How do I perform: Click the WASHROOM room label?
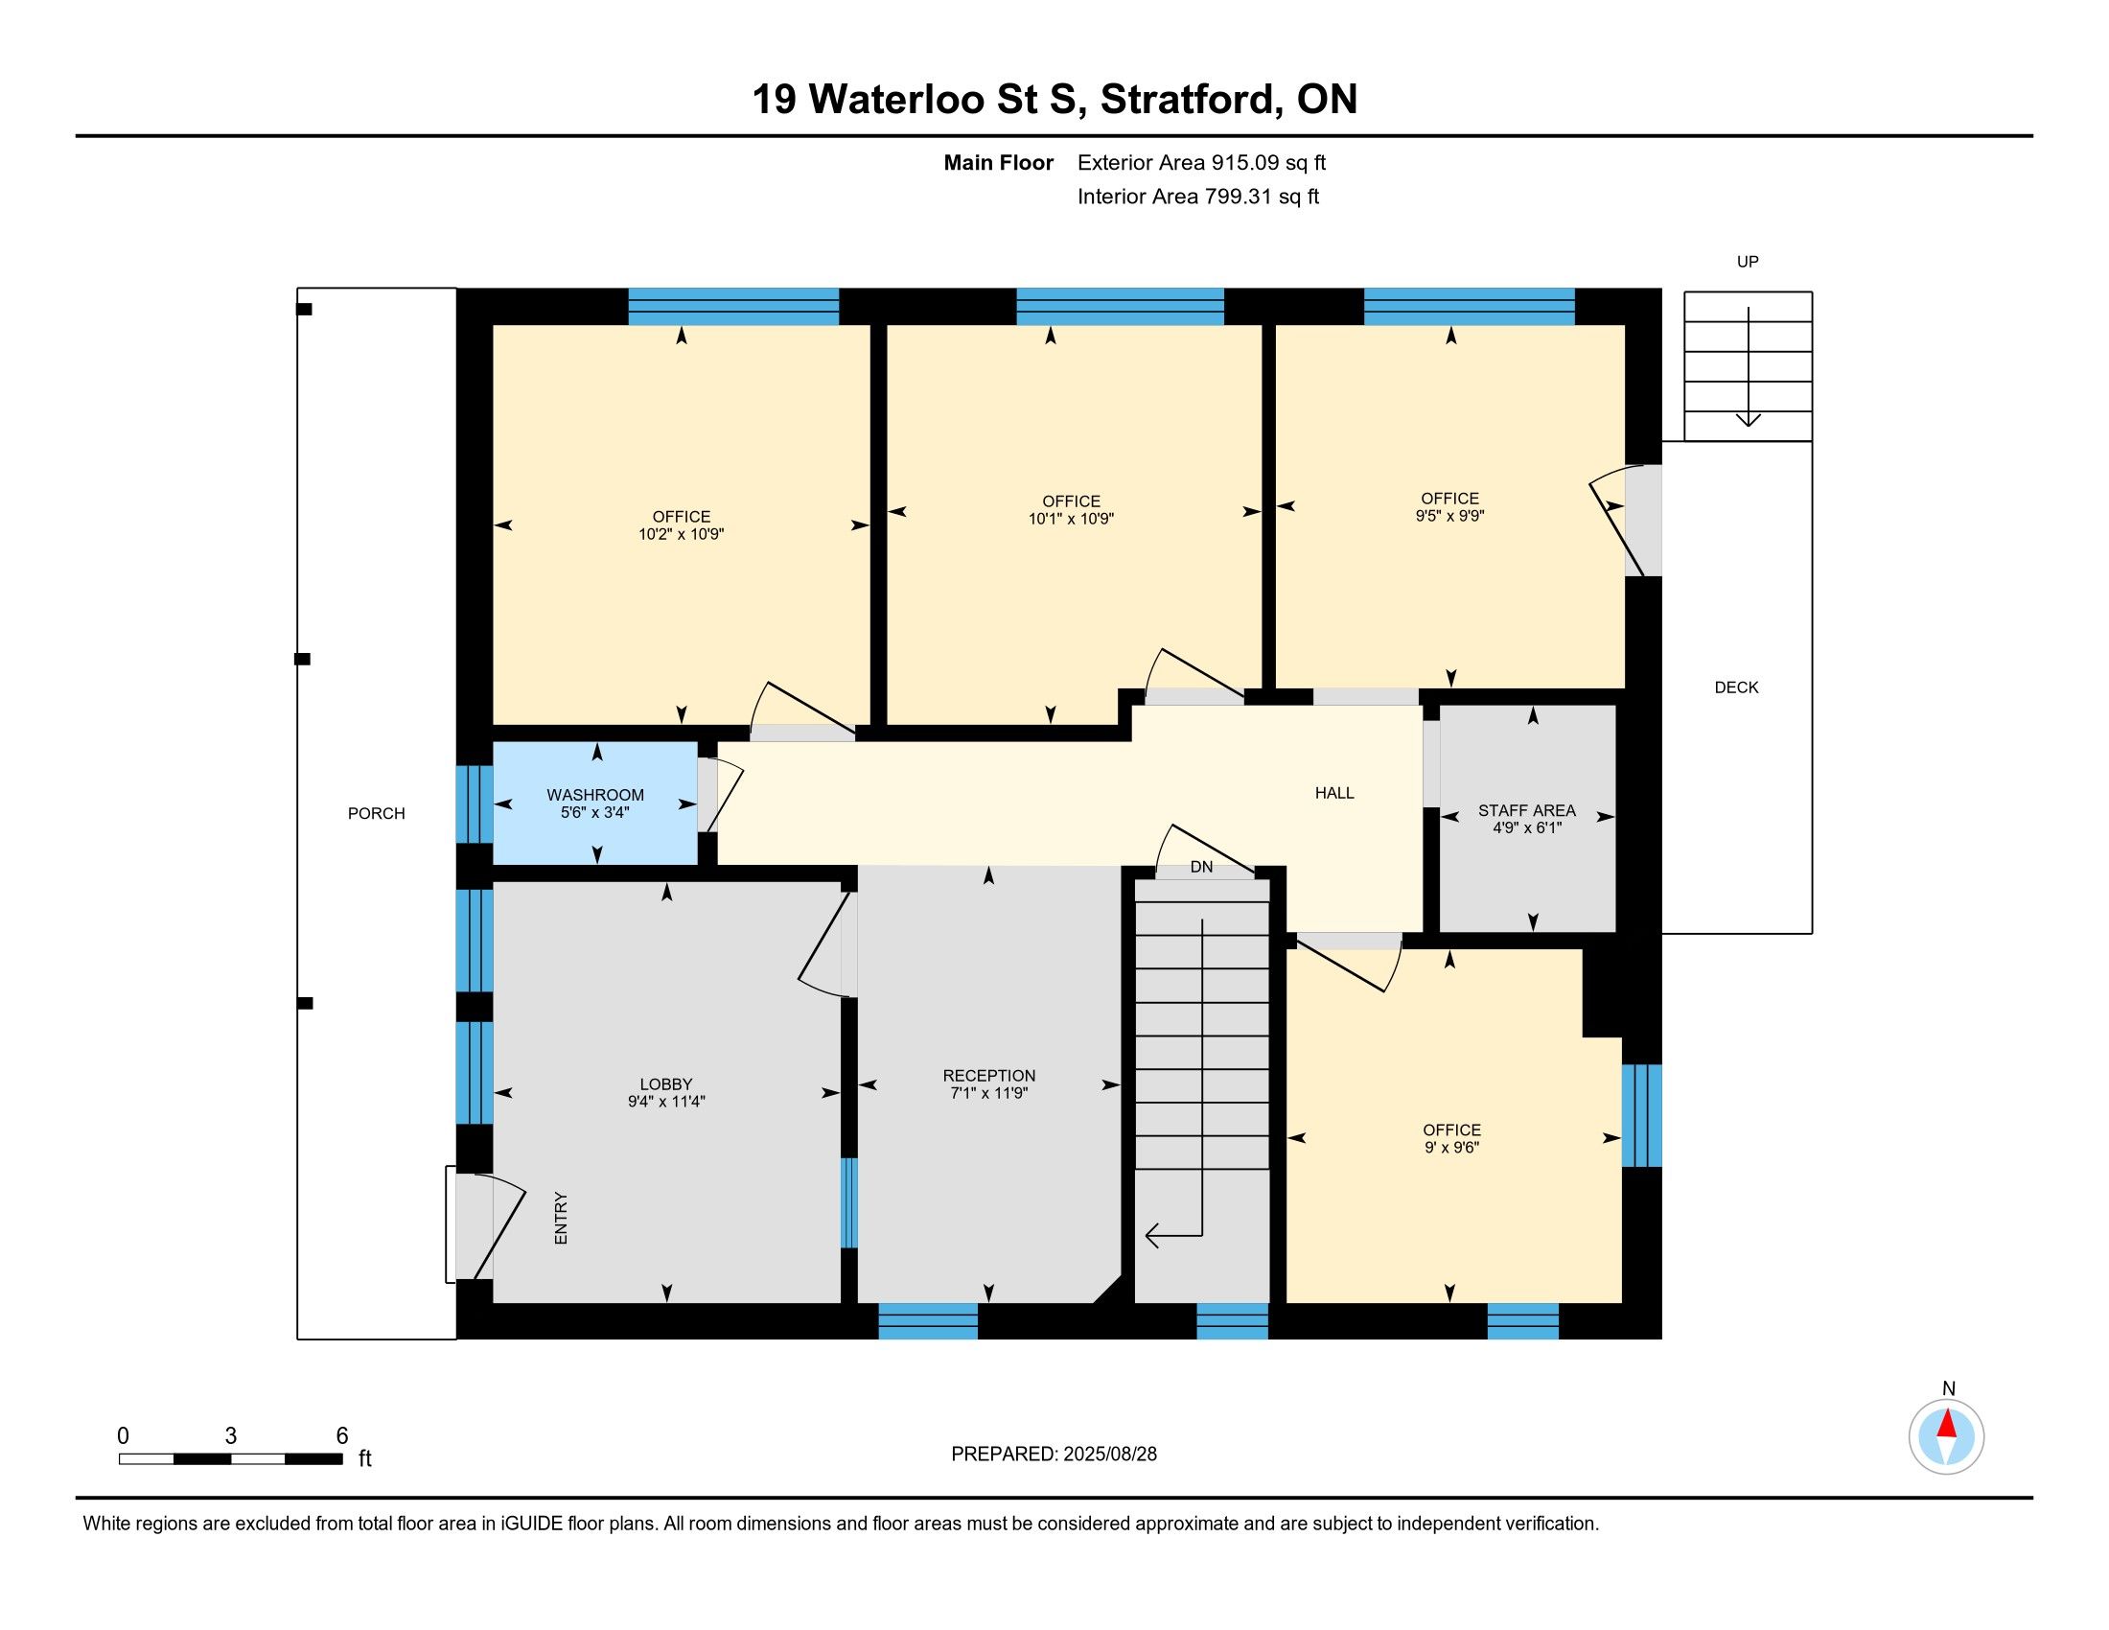coord(595,795)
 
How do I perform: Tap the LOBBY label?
coord(666,1084)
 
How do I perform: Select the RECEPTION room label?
coord(989,1076)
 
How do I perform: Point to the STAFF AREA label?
coord(1527,810)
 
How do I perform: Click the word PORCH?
coord(377,813)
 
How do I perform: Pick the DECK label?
coord(1736,687)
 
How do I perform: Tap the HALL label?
coord(1334,793)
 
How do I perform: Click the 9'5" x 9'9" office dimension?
coord(1449,516)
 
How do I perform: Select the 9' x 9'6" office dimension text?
coord(1451,1147)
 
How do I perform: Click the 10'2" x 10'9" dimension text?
coord(682,534)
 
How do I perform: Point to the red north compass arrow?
coord(1947,1424)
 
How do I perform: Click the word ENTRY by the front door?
coord(561,1218)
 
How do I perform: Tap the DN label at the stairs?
coord(1201,867)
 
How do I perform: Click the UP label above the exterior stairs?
coord(1748,262)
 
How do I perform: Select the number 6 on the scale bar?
coord(342,1436)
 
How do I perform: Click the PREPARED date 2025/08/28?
coord(1108,1455)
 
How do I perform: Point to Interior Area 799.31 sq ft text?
coord(1198,197)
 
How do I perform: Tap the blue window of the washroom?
coord(475,804)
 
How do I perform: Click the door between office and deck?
coord(1626,522)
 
